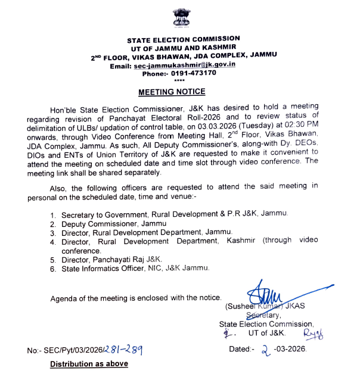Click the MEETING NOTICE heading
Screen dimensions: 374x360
pos(172,92)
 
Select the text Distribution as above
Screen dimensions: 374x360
pos(89,363)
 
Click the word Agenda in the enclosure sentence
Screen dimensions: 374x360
pos(64,297)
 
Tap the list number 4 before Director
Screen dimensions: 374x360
pos(52,242)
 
